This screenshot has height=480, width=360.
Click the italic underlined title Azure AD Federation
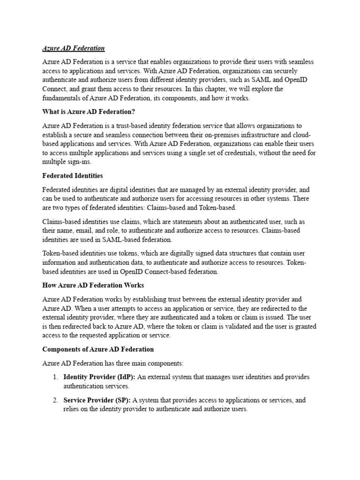click(x=73, y=48)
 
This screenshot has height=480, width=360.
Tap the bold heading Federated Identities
click(x=72, y=176)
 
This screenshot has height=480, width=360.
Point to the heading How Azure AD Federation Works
click(x=93, y=285)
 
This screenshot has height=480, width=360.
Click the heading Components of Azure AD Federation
click(x=97, y=350)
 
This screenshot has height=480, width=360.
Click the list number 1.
click(x=55, y=377)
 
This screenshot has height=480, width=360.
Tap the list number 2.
click(x=55, y=400)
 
